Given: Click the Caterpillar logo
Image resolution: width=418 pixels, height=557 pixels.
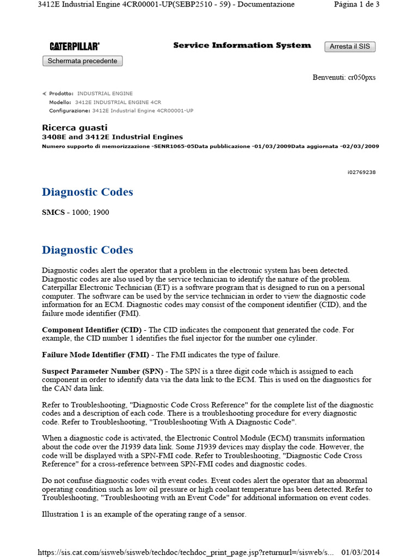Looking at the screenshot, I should [x=75, y=47].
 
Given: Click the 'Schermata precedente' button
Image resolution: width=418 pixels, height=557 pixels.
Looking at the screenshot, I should [x=82, y=61].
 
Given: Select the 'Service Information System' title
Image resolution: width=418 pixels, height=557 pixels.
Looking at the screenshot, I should [x=242, y=46].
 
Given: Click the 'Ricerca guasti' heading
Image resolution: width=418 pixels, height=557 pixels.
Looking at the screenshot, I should [x=75, y=128].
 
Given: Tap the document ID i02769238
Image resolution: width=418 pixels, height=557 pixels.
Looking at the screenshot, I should [x=361, y=172].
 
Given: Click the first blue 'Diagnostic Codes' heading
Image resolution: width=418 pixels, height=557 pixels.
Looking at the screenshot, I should [x=87, y=192].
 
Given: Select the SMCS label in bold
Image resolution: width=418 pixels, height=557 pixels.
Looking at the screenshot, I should [x=53, y=212].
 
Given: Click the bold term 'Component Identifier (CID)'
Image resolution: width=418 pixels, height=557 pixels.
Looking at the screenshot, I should [x=91, y=330].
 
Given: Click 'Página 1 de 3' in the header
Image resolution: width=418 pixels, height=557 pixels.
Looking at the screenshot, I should [x=356, y=4].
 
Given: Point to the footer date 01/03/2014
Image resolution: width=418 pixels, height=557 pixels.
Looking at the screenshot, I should [x=360, y=552].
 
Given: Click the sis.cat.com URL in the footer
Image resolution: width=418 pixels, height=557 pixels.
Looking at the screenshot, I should [x=185, y=552].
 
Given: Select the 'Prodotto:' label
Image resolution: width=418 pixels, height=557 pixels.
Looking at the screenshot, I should [x=61, y=94].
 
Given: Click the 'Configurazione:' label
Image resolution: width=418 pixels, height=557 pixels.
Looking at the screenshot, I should [x=70, y=110].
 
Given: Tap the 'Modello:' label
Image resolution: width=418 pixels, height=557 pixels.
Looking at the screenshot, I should [x=60, y=102].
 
